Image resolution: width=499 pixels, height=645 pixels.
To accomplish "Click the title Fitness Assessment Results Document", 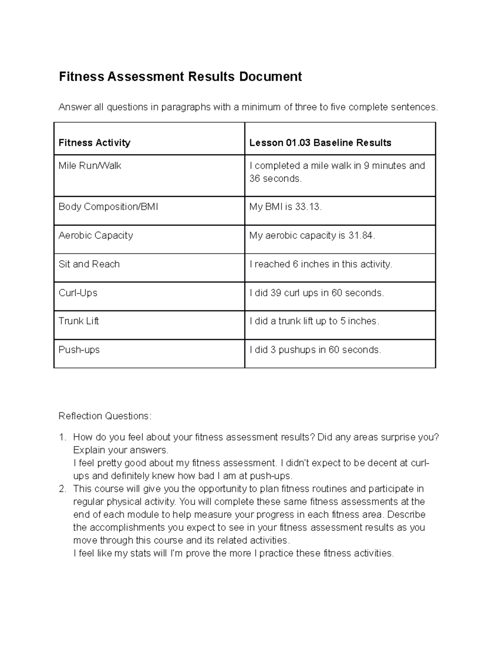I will click(180, 77).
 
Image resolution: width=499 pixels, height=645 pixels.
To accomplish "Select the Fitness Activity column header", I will click(94, 143).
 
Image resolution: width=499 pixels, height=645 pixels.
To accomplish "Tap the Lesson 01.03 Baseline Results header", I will click(320, 143).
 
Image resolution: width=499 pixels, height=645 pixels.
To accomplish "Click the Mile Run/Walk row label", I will click(90, 166).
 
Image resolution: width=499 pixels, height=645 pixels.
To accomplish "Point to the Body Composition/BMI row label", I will click(108, 207).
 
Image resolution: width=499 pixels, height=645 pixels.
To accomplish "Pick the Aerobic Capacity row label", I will click(96, 235).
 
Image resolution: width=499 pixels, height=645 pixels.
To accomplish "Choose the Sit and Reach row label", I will click(89, 264).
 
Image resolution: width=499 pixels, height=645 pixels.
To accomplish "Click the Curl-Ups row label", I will click(78, 293).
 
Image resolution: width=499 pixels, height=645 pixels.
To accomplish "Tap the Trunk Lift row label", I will click(79, 321).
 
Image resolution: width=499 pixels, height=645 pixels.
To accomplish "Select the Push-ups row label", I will click(79, 350).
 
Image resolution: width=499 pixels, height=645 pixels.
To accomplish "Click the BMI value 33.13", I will click(308, 207).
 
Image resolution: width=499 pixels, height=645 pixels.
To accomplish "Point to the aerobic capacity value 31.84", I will click(361, 235).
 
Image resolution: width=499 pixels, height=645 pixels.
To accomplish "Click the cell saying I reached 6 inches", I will click(321, 264).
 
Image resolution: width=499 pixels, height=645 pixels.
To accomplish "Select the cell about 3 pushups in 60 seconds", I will click(315, 350).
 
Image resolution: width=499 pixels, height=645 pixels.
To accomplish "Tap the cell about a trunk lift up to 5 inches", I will click(314, 321).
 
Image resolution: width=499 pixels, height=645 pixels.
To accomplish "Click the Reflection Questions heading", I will click(105, 416).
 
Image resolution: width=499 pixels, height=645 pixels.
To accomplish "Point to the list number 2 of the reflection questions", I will click(62, 489).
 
